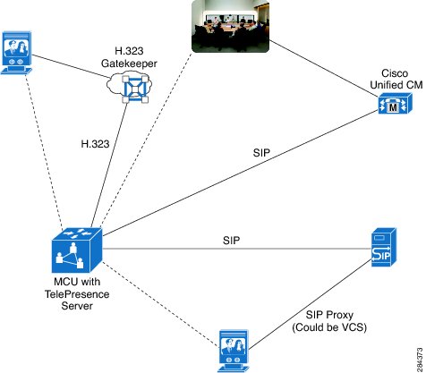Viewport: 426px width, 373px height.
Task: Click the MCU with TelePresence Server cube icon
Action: pyautogui.click(x=77, y=250)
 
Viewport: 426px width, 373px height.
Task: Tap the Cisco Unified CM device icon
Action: pyautogui.click(x=396, y=103)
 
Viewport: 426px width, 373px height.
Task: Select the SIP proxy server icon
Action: pyautogui.click(x=384, y=247)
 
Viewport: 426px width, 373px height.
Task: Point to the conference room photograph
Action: pyautogui.click(x=230, y=26)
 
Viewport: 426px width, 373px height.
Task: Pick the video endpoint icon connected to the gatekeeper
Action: pyautogui.click(x=17, y=52)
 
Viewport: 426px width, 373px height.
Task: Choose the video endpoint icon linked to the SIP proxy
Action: pyautogui.click(x=234, y=351)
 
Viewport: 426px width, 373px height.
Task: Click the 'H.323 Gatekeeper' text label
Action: pyautogui.click(x=129, y=57)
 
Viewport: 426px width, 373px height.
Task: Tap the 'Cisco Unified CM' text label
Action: pyautogui.click(x=396, y=79)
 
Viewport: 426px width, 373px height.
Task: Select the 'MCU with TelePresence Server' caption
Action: pyautogui.click(x=77, y=293)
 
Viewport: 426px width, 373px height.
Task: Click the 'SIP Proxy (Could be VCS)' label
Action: pyautogui.click(x=329, y=321)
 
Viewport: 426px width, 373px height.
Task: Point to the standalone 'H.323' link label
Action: pyautogui.click(x=95, y=144)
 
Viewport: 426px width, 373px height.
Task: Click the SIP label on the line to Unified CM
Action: pyautogui.click(x=261, y=153)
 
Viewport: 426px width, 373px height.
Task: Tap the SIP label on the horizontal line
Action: pyautogui.click(x=231, y=240)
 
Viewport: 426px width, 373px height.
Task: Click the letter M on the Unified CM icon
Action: pyautogui.click(x=394, y=107)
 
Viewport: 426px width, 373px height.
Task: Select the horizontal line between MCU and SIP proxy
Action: pyautogui.click(x=237, y=249)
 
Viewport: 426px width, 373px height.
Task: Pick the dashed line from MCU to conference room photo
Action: pyautogui.click(x=146, y=140)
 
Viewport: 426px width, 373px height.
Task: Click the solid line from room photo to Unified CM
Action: pyautogui.click(x=324, y=69)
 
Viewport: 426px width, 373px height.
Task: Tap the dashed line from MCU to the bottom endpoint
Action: pyautogui.click(x=161, y=304)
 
